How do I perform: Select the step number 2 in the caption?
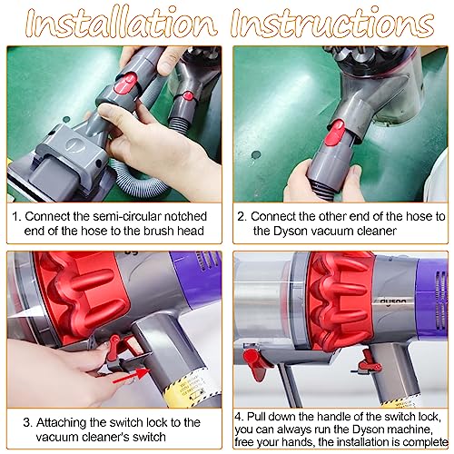[242, 218]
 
